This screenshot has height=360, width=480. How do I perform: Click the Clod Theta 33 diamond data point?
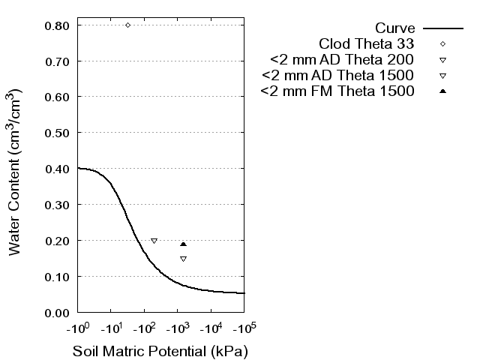coord(127,25)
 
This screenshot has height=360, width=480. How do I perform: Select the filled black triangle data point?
coord(183,244)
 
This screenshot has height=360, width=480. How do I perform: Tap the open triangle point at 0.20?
coord(154,241)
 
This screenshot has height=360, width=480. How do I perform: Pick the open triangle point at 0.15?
coord(183,259)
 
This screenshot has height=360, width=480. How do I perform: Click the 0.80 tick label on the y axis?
coord(58,25)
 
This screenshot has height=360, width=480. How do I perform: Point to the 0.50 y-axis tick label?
coord(58,133)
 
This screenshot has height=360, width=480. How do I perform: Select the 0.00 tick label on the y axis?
coord(58,312)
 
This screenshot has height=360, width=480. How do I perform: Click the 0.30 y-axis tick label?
coord(58,205)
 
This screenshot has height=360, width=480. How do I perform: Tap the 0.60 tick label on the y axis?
coord(58,97)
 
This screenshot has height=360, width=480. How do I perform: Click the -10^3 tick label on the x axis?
coord(177,328)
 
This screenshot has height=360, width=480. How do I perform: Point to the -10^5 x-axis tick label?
coord(243,328)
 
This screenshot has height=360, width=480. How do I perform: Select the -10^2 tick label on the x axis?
coord(144,328)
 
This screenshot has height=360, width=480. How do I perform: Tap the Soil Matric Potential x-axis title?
coord(160,351)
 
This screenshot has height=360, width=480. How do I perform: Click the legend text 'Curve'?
coord(395,28)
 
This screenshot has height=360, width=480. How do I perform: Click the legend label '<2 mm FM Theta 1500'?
coord(337,91)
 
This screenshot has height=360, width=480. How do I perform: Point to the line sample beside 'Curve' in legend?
coord(443,28)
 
